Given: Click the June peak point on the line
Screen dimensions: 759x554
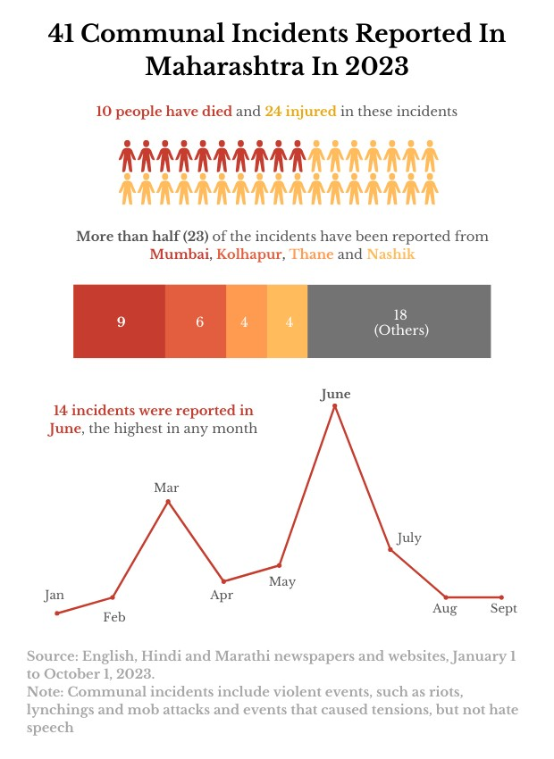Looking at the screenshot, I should click(335, 406).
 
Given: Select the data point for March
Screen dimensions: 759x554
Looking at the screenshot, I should click(168, 502).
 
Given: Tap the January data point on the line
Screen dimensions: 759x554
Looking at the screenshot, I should click(56, 613).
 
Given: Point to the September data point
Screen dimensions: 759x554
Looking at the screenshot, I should click(501, 597).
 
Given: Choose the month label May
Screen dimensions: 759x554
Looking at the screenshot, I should click(281, 581).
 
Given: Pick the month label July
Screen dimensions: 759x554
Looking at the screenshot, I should click(409, 538).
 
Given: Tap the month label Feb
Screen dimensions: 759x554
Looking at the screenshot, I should click(114, 616).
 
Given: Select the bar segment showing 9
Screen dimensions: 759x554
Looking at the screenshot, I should click(120, 321).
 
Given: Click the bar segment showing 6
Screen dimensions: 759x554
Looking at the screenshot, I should click(198, 321).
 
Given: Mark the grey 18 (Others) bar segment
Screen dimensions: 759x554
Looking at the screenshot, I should click(400, 321).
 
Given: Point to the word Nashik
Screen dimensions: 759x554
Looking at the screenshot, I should click(390, 254).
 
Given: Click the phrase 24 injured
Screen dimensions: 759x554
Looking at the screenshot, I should click(300, 112).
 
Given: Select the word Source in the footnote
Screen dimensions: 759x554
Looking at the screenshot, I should click(50, 655).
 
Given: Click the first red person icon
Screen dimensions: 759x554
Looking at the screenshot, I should click(127, 155).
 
